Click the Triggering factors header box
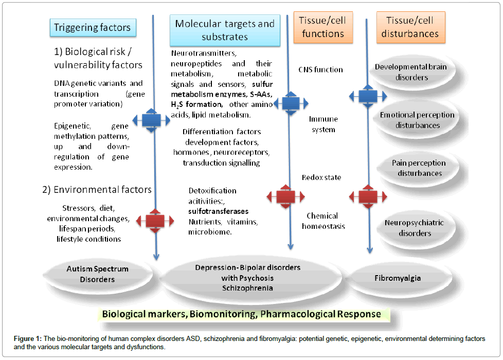[x=92, y=27]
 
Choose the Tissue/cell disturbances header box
[x=410, y=27]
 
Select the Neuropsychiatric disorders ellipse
[x=414, y=228]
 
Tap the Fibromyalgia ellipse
[x=404, y=278]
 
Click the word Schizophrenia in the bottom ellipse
[x=247, y=288]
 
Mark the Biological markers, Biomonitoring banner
[x=241, y=314]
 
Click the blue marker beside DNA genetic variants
[x=152, y=120]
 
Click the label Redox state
[x=321, y=178]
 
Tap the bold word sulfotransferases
[x=219, y=211]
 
